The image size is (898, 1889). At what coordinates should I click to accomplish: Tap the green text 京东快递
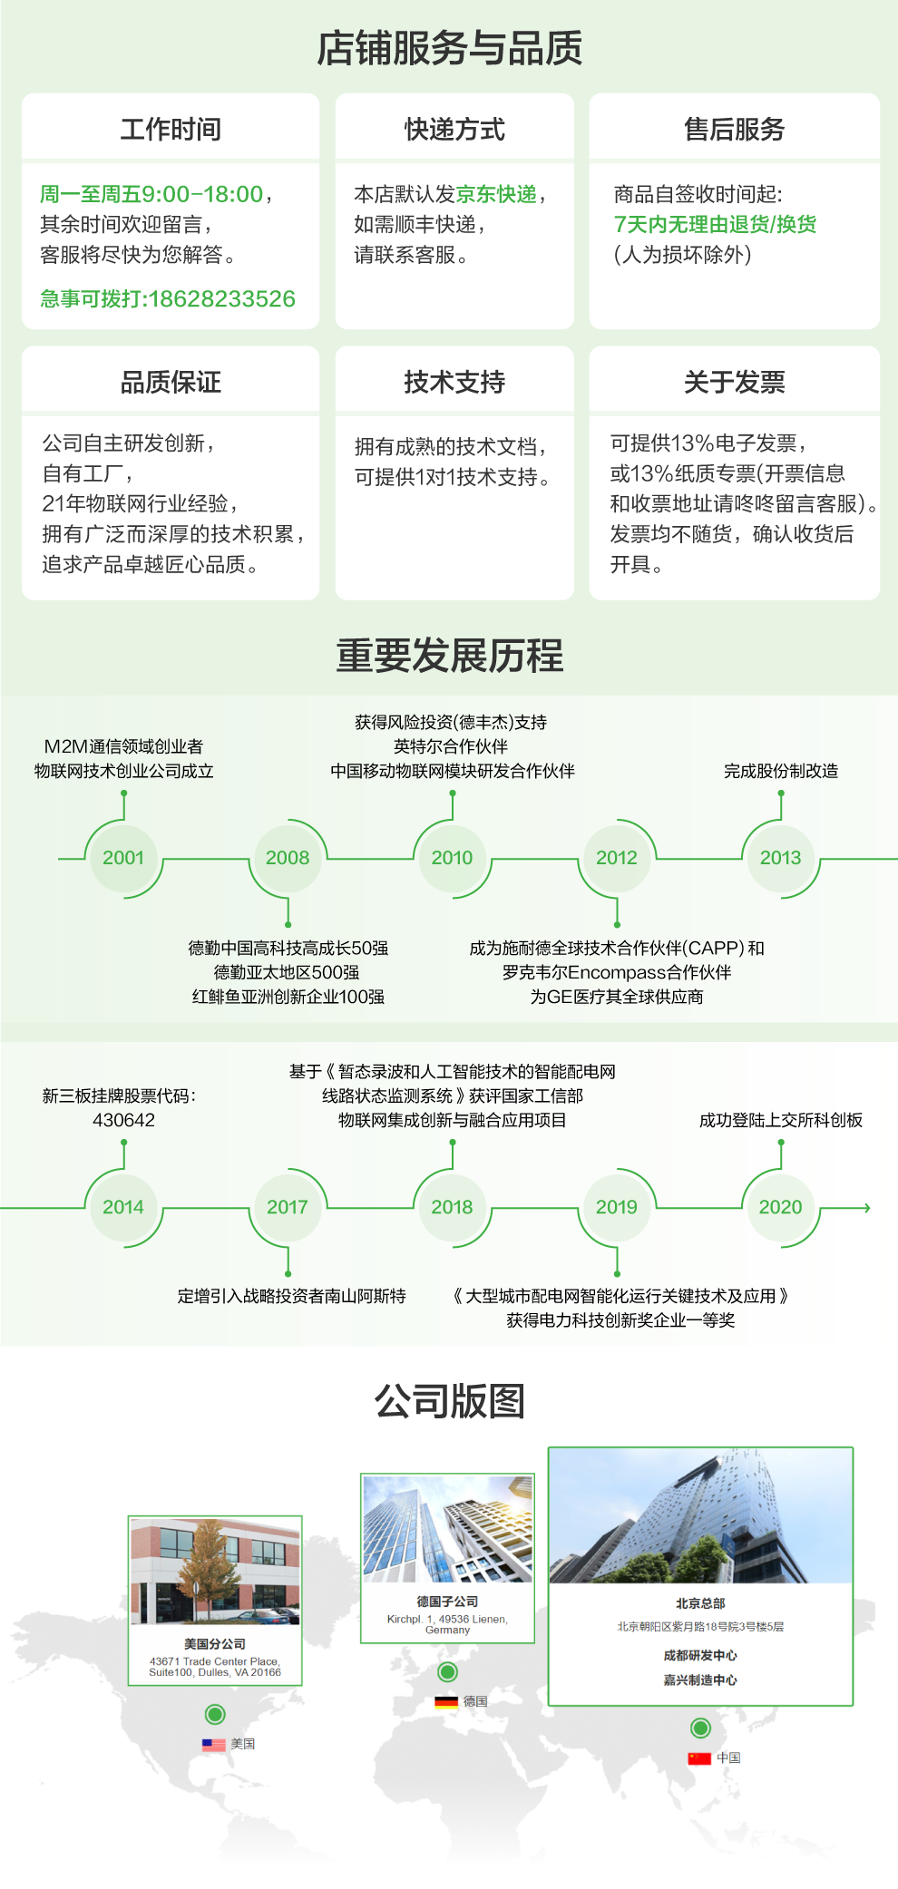coord(496,194)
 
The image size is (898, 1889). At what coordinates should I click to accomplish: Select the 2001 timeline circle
coord(123,858)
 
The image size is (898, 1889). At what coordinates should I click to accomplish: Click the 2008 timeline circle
coord(288,858)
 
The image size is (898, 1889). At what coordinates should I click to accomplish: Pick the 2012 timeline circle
coord(617,858)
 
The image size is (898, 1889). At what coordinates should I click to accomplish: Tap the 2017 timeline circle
coord(288,1207)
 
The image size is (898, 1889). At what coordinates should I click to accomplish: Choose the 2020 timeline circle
coord(780,1207)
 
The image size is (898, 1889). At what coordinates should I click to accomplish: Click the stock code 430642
coord(123,1121)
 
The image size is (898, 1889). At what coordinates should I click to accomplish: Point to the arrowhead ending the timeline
coord(867,1208)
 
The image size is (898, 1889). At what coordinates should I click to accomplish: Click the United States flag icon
coord(214,1744)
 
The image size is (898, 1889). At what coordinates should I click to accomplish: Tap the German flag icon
coord(446,1701)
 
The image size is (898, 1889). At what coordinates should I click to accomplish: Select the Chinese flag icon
coord(699,1758)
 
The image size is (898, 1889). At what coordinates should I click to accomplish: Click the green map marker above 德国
coord(447,1671)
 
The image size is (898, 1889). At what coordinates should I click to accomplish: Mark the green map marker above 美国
coord(215,1714)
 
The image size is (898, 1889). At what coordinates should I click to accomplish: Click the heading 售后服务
coord(734,130)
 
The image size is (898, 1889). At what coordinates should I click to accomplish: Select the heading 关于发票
coord(734,383)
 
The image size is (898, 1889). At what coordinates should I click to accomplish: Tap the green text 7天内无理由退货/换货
coord(715,224)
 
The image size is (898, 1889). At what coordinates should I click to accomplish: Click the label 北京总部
coord(700,1603)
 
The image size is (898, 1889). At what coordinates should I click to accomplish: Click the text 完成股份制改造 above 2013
coord(780,771)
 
